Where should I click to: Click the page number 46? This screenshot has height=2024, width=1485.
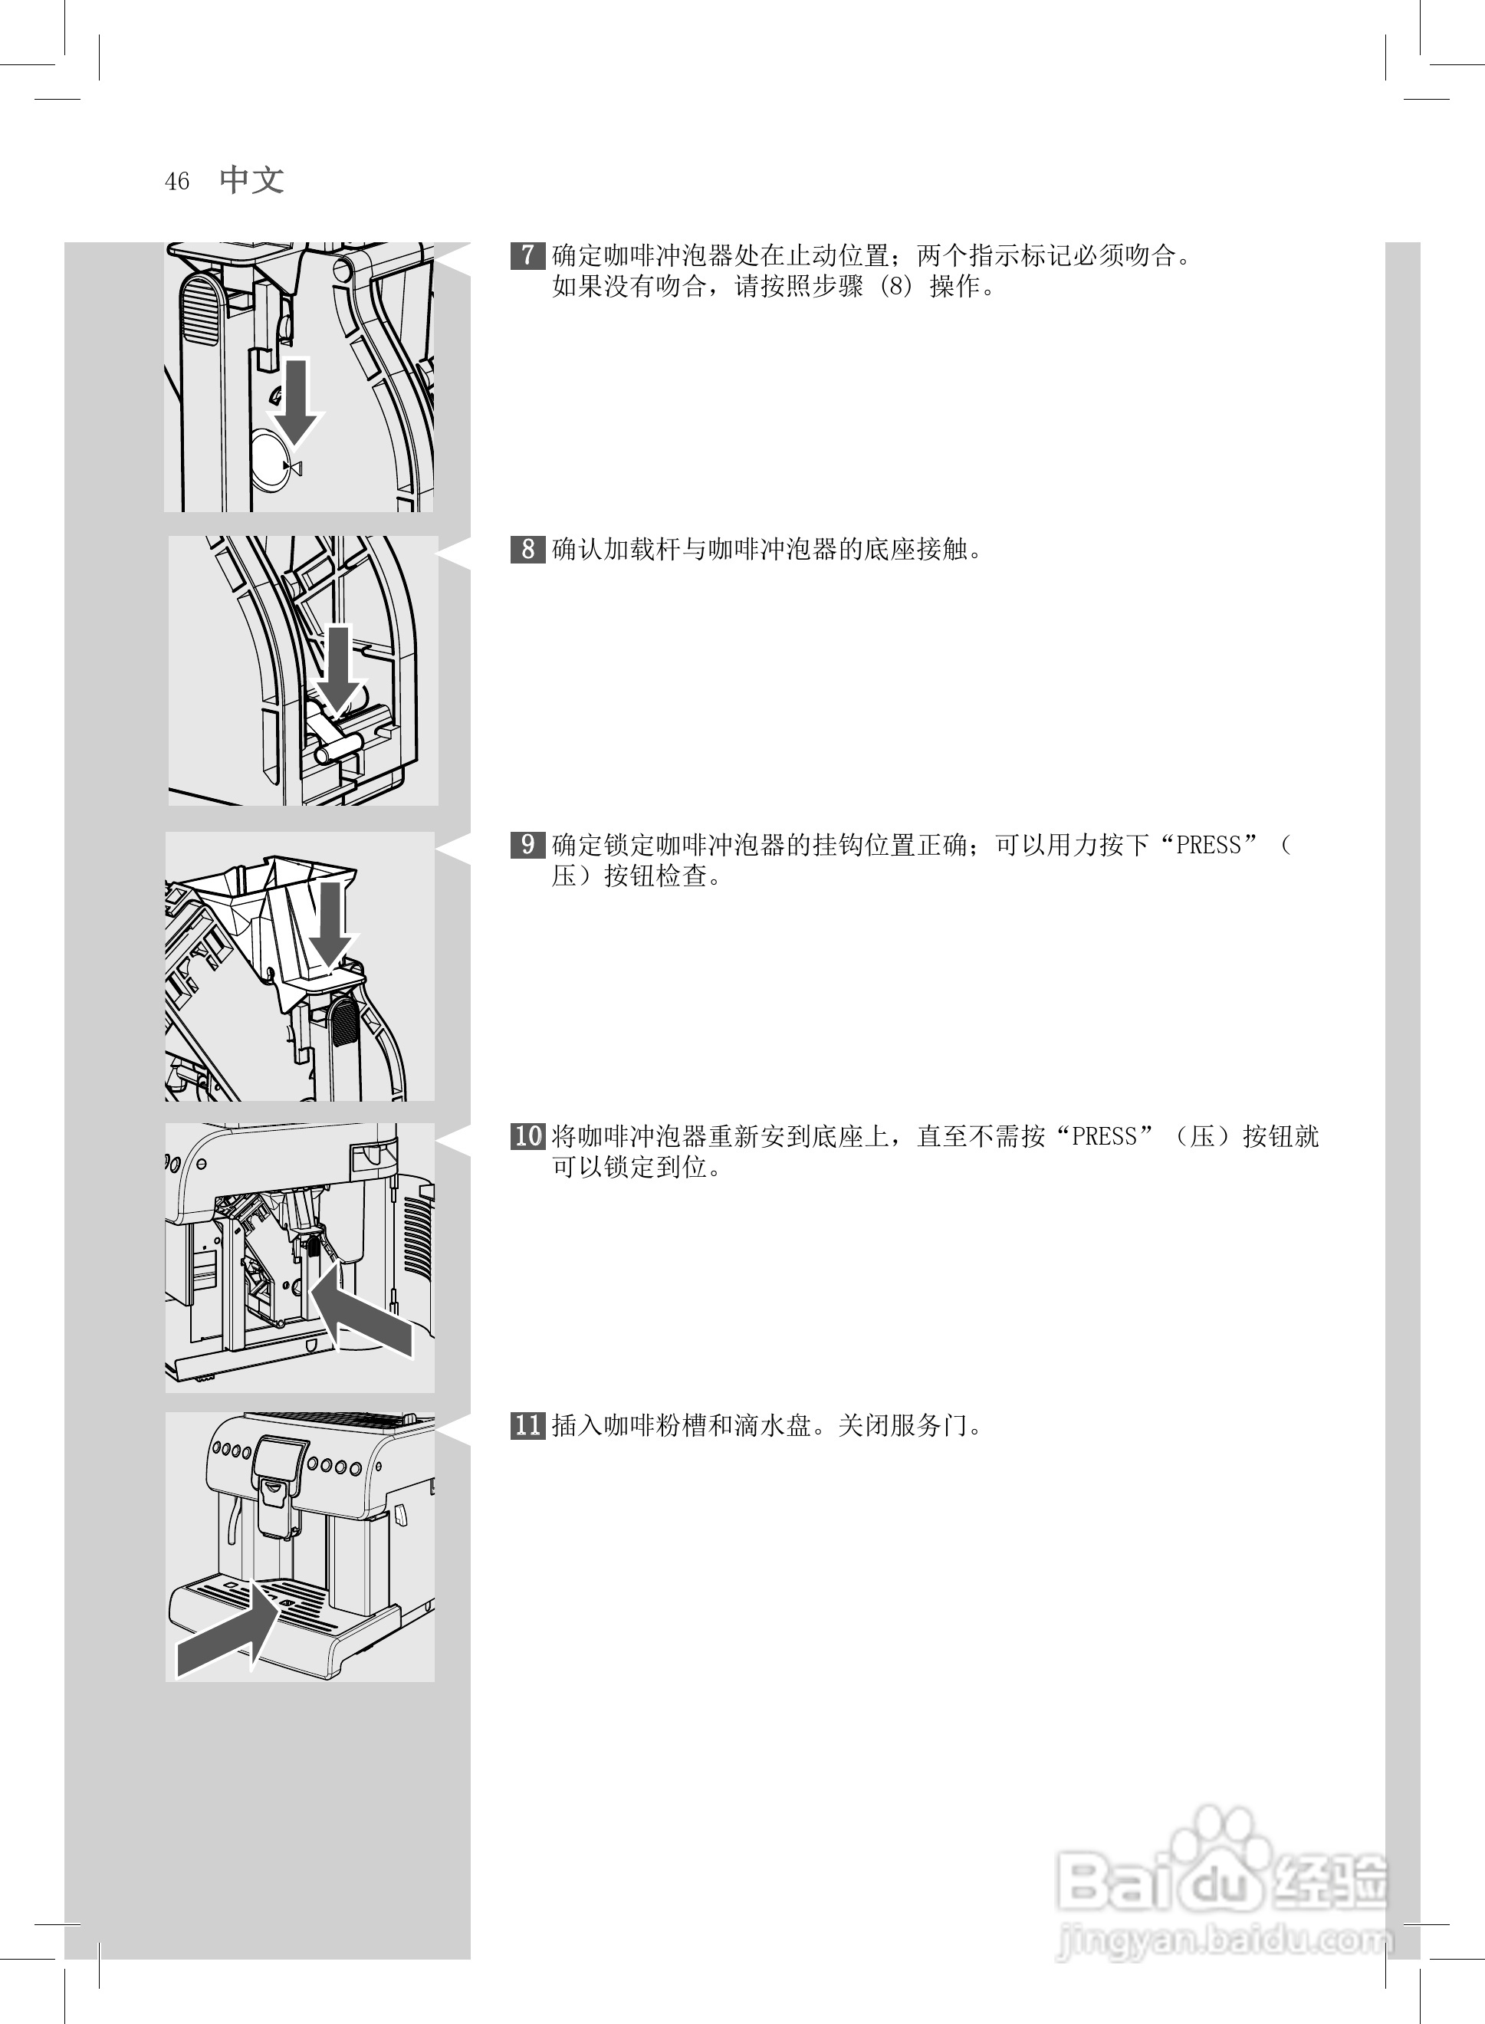point(177,182)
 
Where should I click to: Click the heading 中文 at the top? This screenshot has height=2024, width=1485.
point(251,179)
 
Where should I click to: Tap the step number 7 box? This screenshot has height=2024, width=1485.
point(527,255)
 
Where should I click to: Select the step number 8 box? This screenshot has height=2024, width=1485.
point(527,548)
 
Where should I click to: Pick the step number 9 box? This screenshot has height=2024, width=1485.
point(527,845)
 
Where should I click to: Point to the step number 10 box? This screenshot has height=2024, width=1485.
point(527,1136)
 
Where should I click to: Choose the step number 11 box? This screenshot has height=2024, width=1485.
point(527,1425)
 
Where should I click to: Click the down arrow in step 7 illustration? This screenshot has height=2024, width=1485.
point(296,400)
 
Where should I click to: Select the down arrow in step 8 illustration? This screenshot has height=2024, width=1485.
point(339,669)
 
